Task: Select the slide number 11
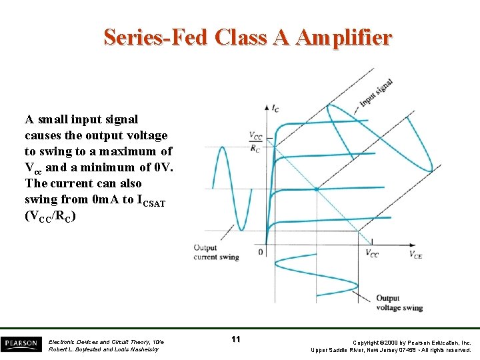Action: tap(235, 340)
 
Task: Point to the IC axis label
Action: tap(275, 107)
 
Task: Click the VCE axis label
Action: tap(415, 253)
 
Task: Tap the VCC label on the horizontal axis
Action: tap(372, 253)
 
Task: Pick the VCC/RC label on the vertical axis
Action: tap(255, 142)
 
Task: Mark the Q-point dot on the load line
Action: tap(316, 190)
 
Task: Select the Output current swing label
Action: tap(215, 253)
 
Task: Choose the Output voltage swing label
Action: tap(399, 303)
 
